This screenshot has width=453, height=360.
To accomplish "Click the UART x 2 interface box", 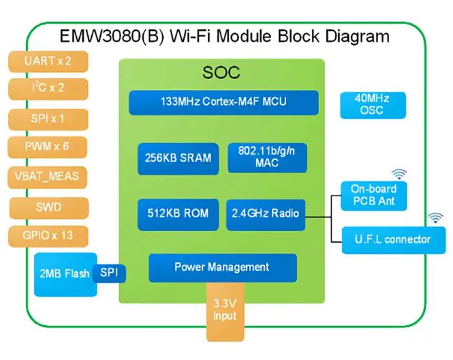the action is (x=48, y=62).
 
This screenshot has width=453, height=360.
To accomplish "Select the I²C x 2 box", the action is (x=48, y=89).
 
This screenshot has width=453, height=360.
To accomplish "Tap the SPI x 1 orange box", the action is (x=48, y=119).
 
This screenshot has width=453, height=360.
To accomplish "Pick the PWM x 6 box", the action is (x=47, y=147).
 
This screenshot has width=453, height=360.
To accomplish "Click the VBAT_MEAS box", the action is (x=47, y=177).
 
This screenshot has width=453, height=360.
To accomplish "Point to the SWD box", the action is (x=49, y=208).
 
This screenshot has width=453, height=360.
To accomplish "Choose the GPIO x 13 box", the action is (x=48, y=236).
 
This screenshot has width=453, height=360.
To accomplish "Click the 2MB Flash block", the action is (x=65, y=275).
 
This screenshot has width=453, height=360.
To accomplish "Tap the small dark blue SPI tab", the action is (x=109, y=273).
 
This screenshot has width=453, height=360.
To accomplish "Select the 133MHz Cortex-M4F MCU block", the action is (x=224, y=103).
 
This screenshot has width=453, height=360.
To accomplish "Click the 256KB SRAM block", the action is (x=178, y=159).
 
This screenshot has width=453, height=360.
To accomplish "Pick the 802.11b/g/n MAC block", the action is (x=267, y=158).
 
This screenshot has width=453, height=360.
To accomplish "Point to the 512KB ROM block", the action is (x=178, y=214).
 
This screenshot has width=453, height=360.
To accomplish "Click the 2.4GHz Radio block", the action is (x=265, y=214).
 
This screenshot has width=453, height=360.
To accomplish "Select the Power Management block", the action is (x=223, y=268).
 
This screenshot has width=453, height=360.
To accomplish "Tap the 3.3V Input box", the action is (x=225, y=311).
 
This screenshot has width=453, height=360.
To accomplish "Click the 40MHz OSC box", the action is (x=373, y=106).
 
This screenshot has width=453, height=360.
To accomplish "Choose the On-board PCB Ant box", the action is (x=374, y=196).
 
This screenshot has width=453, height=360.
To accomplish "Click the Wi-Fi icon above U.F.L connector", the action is (x=436, y=218).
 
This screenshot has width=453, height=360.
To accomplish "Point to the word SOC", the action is (x=221, y=73).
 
